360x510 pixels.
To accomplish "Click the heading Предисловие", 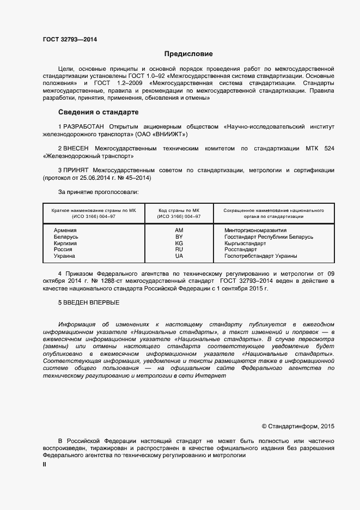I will (189, 54).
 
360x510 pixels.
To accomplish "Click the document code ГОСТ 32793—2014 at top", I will (66, 39).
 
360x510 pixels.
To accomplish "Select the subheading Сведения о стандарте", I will (99, 112).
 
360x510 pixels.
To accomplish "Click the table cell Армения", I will (65, 230).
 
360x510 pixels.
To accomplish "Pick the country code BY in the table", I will (179, 237).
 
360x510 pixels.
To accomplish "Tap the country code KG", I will (179, 244).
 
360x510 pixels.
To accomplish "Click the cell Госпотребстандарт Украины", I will (260, 256).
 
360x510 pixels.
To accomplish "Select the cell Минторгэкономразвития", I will (255, 230).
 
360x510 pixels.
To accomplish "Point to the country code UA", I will (179, 256).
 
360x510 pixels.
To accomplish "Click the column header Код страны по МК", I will (179, 210).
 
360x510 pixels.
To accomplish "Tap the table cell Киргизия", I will (65, 244).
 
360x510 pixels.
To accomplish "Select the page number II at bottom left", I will (45, 465).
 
